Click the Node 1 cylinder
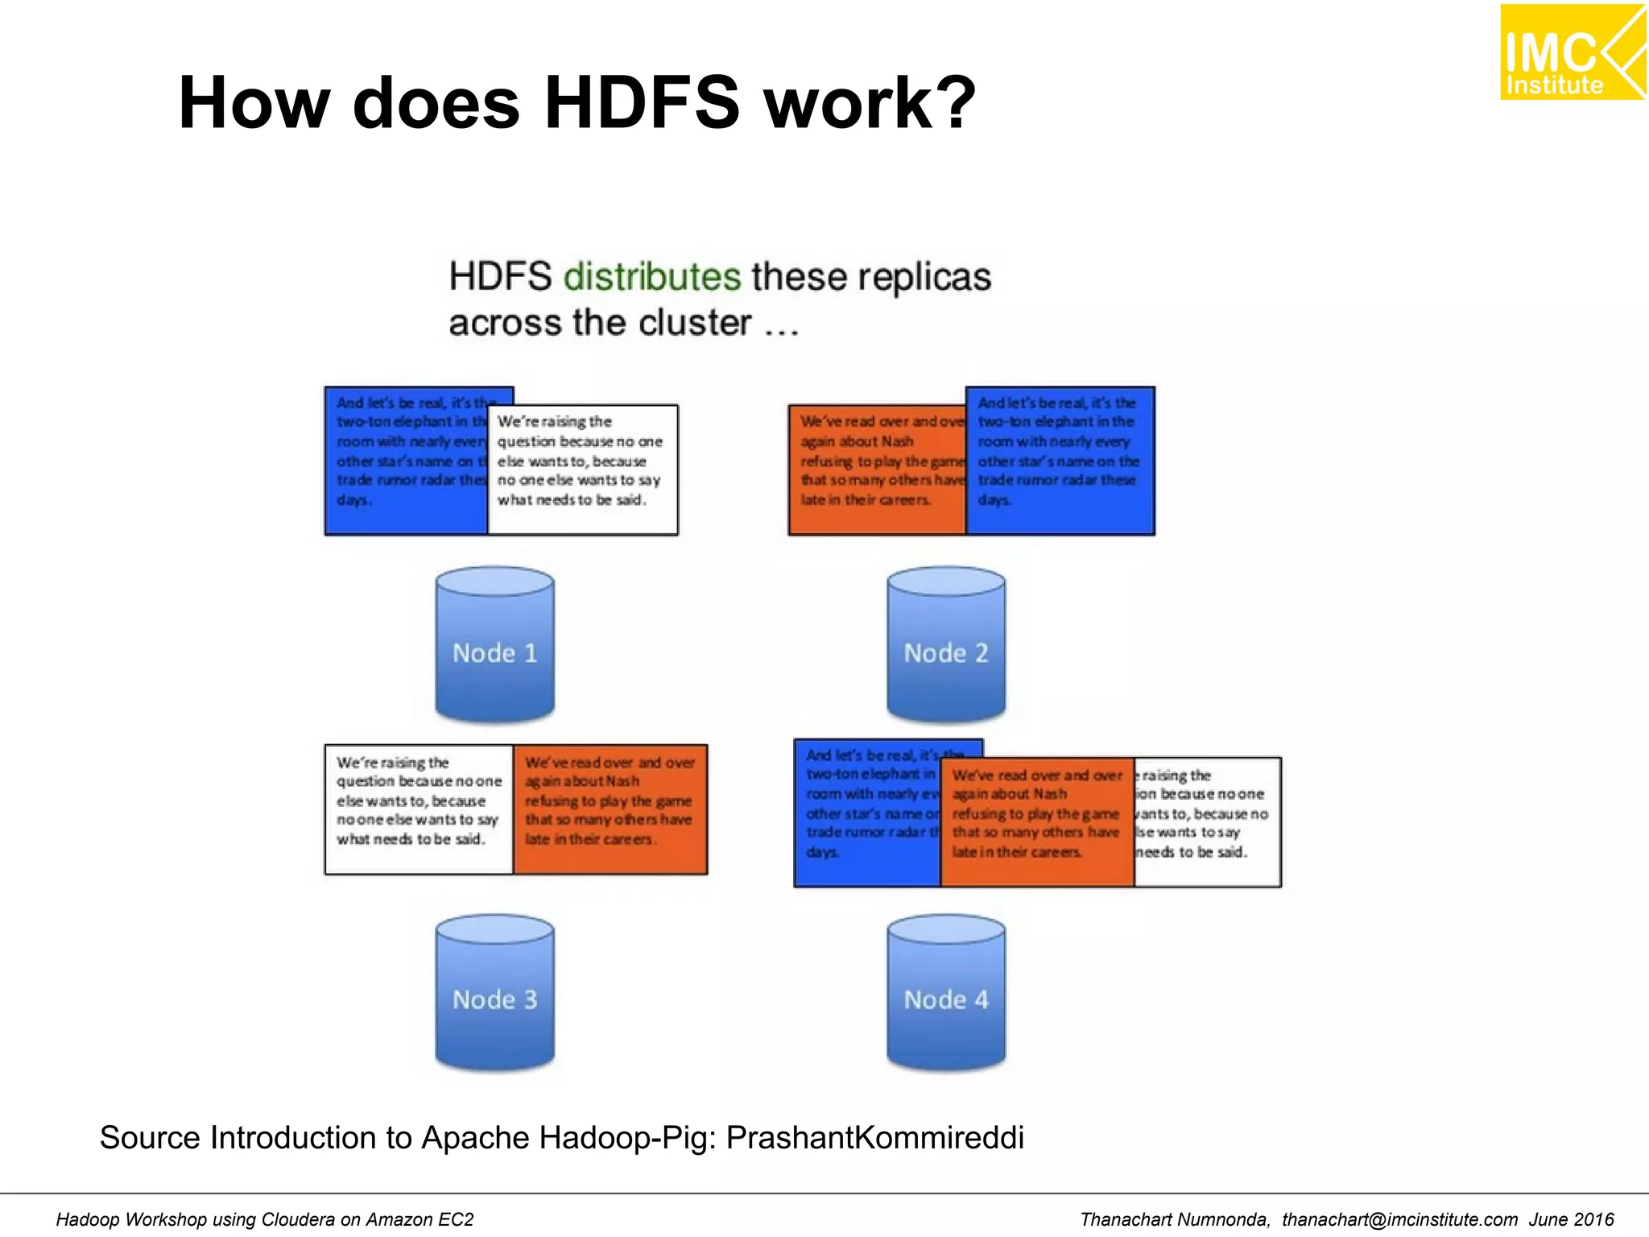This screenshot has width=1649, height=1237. pos(494,644)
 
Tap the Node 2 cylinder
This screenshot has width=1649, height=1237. pos(946,644)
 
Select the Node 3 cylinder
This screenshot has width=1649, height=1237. pos(494,992)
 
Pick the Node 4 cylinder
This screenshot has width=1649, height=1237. pos(946,992)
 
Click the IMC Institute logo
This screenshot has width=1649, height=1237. pos(1571,53)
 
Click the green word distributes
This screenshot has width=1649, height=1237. pos(651,276)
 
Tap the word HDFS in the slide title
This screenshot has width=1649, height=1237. pos(641,102)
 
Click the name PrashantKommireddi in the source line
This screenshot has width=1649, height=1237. pos(875,1137)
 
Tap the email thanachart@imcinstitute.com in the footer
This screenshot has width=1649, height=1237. pos(1399,1219)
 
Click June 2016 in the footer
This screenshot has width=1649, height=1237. pos(1571,1219)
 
